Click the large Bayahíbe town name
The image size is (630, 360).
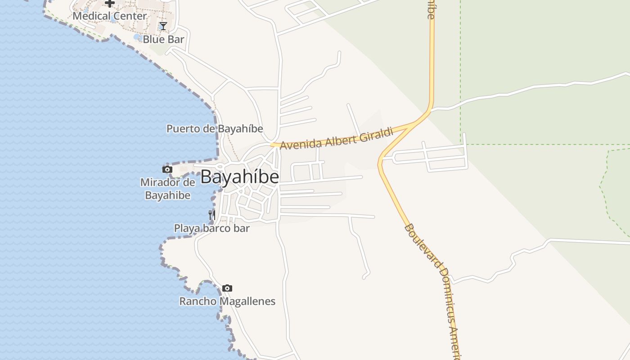(239, 177)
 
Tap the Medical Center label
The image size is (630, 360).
(110, 16)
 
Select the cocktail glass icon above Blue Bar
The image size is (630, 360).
(163, 26)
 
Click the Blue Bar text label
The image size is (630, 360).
(163, 40)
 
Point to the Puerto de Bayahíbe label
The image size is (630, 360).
(215, 129)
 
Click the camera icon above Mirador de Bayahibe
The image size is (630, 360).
(167, 170)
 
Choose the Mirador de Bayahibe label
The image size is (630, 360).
(167, 189)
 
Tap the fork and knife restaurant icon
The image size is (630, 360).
(212, 215)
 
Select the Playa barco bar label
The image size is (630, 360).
(211, 229)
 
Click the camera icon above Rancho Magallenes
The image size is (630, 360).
(227, 288)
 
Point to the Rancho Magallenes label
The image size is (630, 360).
(227, 301)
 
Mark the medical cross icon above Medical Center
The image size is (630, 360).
(110, 4)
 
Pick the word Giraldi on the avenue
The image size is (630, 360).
(377, 134)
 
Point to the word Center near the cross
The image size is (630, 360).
(130, 16)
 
